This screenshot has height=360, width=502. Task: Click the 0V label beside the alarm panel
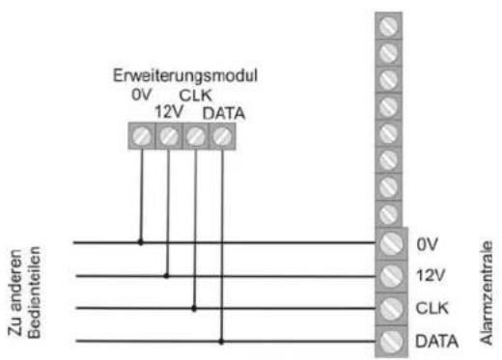click(428, 243)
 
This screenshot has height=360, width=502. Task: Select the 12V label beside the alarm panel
click(430, 276)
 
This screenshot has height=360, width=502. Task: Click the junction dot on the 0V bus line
click(140, 242)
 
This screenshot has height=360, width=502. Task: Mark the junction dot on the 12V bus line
click(167, 275)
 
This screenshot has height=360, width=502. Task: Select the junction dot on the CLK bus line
click(194, 309)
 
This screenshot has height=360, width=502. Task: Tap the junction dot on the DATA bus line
click(221, 341)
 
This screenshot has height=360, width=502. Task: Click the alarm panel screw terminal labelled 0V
click(391, 243)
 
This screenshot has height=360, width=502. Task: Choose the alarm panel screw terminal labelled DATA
click(391, 341)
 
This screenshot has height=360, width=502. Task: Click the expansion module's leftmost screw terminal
click(141, 137)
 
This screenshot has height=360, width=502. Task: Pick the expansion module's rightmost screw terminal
click(222, 137)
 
